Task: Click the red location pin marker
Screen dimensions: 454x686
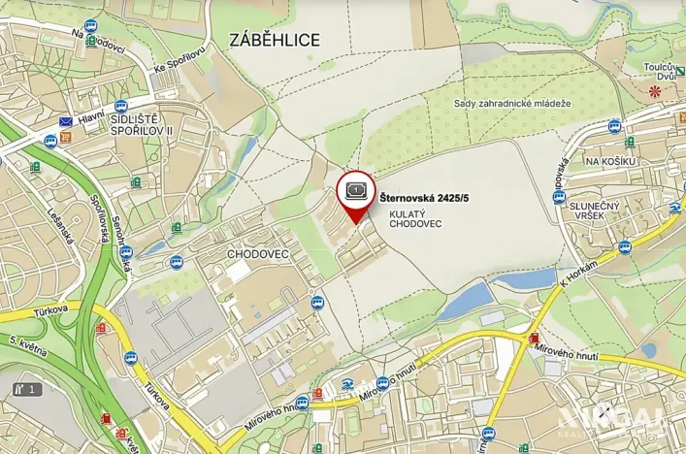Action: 356,191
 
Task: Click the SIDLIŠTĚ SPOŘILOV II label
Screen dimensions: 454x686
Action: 142,123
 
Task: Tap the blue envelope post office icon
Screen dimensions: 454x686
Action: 66,121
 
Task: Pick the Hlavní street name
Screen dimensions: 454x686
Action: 91,115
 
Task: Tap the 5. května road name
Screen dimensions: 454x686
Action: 29,345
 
